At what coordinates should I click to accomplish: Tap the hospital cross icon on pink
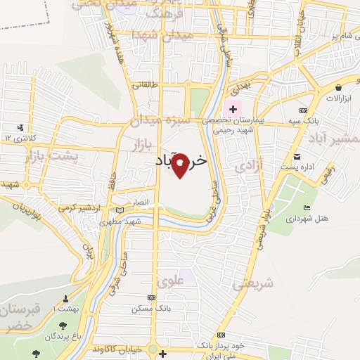[x=232, y=110]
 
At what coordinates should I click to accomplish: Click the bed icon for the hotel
[x=306, y=207]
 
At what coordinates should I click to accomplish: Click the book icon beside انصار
[x=120, y=209]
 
